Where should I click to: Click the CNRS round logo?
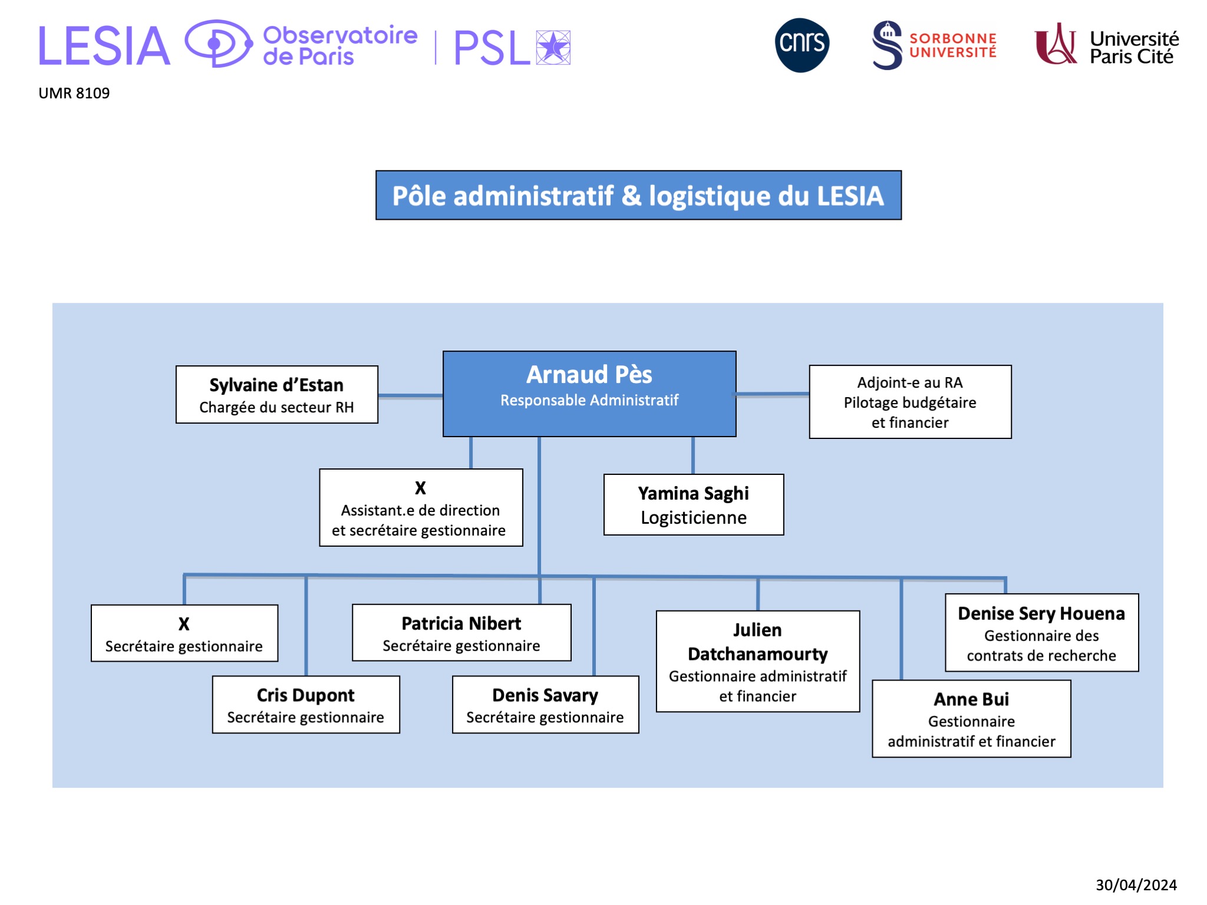pyautogui.click(x=802, y=45)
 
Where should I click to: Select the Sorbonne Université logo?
pyautogui.click(x=934, y=45)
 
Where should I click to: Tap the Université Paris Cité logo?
pyautogui.click(x=1106, y=45)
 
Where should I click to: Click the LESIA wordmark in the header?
pyautogui.click(x=104, y=46)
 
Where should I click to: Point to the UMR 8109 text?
pyautogui.click(x=74, y=93)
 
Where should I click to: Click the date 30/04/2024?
pyautogui.click(x=1136, y=884)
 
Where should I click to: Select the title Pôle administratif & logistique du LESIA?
pyautogui.click(x=638, y=196)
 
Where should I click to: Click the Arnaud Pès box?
pyautogui.click(x=589, y=394)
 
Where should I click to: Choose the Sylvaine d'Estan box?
pyautogui.click(x=276, y=394)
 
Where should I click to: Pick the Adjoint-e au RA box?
pyautogui.click(x=910, y=402)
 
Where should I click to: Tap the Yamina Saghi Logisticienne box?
pyautogui.click(x=694, y=505)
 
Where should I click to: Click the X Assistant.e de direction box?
pyautogui.click(x=421, y=508)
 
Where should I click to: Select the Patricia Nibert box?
pyautogui.click(x=461, y=633)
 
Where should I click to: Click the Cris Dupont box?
pyautogui.click(x=306, y=705)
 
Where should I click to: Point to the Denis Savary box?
pyautogui.click(x=545, y=705)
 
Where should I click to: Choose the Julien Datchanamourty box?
pyautogui.click(x=758, y=661)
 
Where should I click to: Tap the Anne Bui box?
pyautogui.click(x=971, y=719)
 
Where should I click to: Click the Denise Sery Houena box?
pyautogui.click(x=1041, y=633)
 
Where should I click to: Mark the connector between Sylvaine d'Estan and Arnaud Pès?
pyautogui.click(x=410, y=396)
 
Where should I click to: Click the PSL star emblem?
pyautogui.click(x=553, y=47)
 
